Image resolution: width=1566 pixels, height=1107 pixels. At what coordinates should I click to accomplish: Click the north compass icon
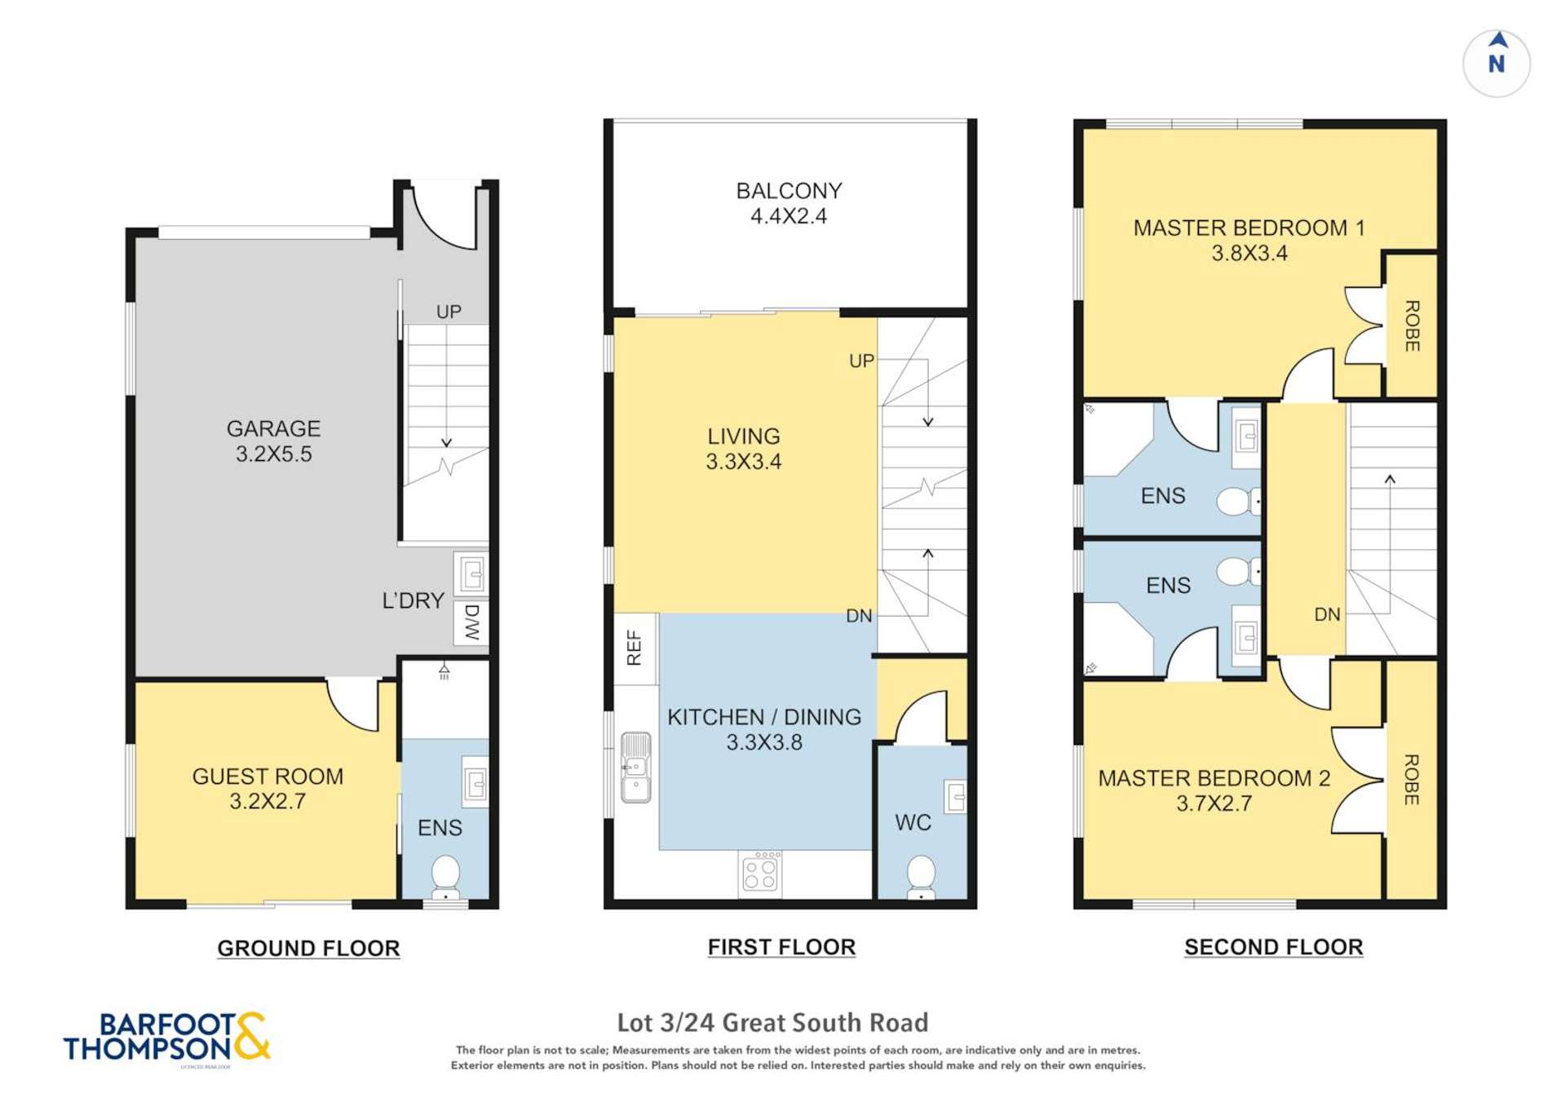(x=1496, y=63)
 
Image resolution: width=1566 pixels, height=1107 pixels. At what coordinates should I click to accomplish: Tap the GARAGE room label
(x=273, y=441)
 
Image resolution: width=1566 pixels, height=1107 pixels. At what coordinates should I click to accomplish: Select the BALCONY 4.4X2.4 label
(x=789, y=203)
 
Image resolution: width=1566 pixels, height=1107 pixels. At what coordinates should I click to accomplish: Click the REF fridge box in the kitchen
(x=635, y=649)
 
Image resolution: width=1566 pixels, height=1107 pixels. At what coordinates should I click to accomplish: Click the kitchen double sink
(x=635, y=767)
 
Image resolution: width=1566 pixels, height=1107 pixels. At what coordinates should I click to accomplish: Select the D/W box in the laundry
(x=471, y=622)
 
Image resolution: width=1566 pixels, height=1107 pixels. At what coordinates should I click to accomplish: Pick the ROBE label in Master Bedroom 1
(x=1413, y=326)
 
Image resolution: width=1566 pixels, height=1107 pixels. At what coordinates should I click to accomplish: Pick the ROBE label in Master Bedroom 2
(x=1412, y=780)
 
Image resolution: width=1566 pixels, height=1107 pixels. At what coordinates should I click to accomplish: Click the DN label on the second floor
(x=1327, y=615)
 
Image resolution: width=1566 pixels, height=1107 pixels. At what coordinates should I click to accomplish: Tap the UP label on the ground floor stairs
(x=449, y=312)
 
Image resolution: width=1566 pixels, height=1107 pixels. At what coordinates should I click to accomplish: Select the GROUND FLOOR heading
(x=308, y=948)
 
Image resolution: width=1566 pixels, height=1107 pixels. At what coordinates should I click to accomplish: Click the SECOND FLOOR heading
(x=1273, y=947)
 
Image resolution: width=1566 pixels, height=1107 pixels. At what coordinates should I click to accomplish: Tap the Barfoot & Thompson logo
(x=167, y=1038)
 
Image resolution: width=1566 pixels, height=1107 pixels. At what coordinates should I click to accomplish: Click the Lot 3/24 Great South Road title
(x=772, y=1022)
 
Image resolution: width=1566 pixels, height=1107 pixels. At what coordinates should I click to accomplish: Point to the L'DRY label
(x=413, y=601)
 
